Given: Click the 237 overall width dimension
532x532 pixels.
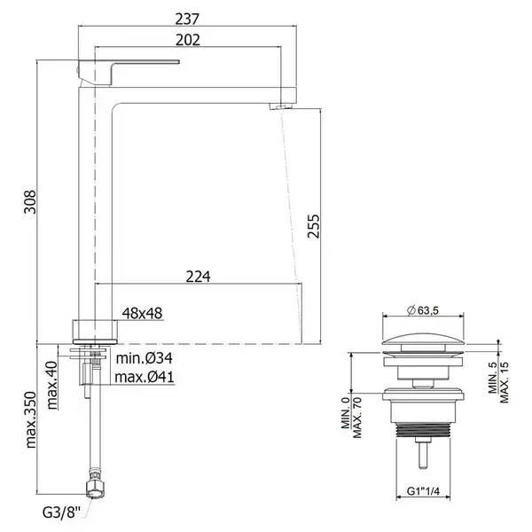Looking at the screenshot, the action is click(187, 19).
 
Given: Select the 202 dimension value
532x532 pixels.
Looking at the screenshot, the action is click(188, 40).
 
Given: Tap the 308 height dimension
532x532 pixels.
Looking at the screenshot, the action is click(30, 202).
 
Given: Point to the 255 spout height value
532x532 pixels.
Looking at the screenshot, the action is click(314, 226).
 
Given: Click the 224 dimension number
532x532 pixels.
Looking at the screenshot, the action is click(198, 277).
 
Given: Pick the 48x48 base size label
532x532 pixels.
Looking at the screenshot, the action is click(142, 313).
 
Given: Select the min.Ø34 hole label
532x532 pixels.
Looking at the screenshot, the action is click(145, 358).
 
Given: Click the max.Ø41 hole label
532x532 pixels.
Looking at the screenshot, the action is click(145, 377).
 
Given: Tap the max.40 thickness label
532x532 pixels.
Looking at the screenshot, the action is click(52, 386).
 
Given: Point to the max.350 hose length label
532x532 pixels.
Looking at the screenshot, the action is click(30, 419).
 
